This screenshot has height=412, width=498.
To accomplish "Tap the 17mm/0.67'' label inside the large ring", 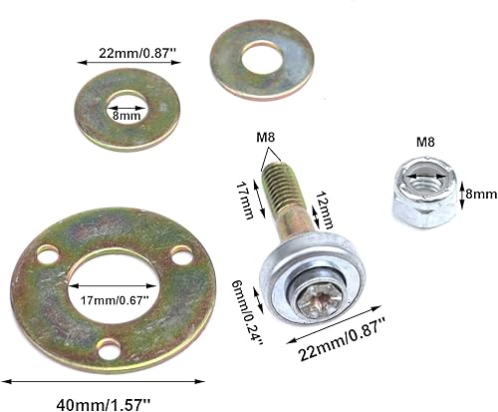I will tap(112, 296).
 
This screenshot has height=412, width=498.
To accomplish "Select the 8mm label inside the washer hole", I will tap(127, 116).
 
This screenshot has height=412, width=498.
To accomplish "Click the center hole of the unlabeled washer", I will tap(261, 58).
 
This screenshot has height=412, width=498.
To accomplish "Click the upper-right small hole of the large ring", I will tap(180, 256).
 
